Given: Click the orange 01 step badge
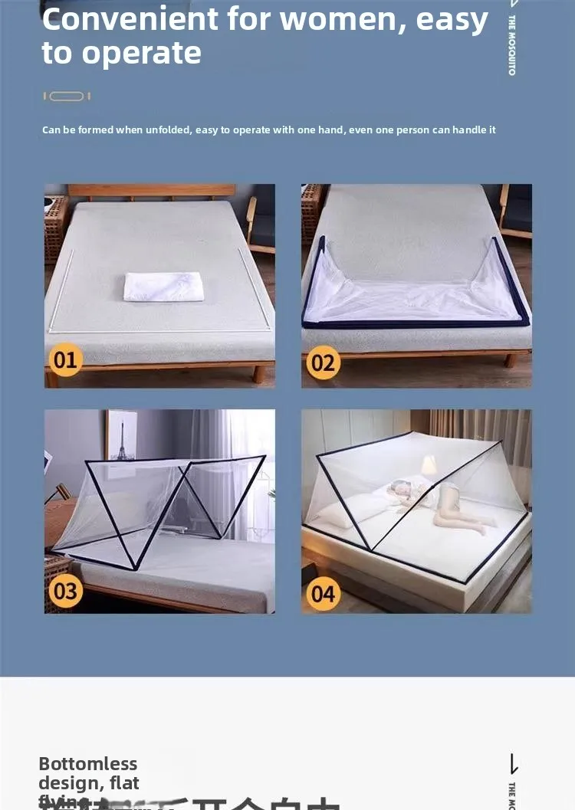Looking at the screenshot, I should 65,359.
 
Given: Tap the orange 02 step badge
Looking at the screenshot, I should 323,362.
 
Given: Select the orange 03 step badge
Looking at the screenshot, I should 65,590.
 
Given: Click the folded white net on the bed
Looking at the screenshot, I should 163,286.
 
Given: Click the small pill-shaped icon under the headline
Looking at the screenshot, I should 67,97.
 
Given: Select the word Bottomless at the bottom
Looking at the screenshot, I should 87,764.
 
